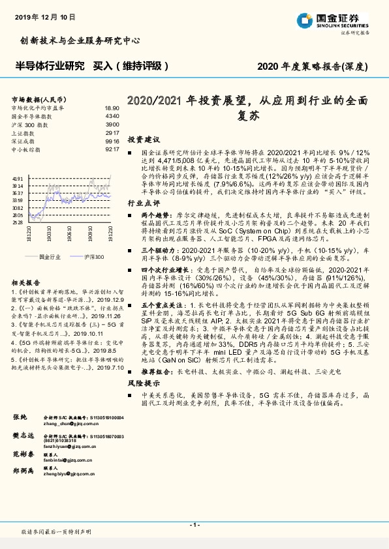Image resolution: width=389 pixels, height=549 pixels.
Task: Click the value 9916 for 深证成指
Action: (112, 141)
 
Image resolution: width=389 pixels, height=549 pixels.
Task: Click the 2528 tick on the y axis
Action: (18, 222)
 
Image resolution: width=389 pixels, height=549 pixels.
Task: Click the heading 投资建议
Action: (143, 140)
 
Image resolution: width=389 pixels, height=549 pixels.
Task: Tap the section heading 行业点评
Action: (143, 203)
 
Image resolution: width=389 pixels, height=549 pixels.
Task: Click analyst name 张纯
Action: (19, 416)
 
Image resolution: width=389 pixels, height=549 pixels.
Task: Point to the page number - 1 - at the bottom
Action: (194, 524)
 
